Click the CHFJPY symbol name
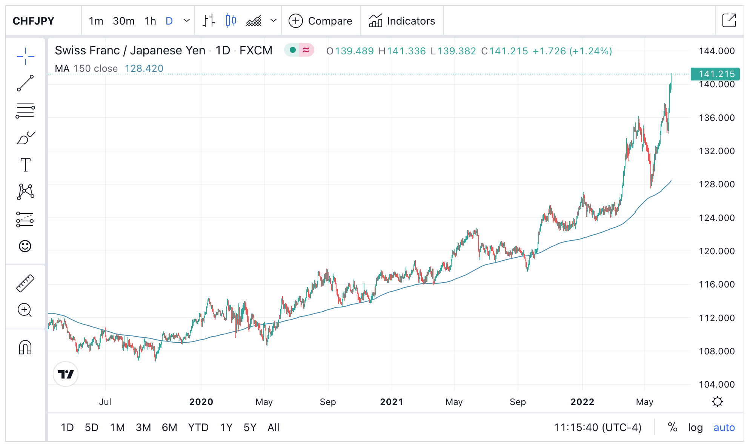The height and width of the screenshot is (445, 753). (x=34, y=21)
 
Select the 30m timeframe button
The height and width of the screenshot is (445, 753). (x=123, y=21)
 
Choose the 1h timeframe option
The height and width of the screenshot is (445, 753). (x=150, y=21)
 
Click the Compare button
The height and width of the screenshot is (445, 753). (x=321, y=21)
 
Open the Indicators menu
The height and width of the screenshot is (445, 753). (x=402, y=21)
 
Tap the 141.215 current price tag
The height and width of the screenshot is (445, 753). (x=715, y=74)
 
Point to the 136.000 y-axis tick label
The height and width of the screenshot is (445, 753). (x=716, y=118)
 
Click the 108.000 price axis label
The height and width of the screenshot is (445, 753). (x=716, y=351)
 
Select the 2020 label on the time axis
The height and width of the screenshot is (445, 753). (x=201, y=402)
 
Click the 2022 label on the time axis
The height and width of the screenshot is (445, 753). (x=582, y=402)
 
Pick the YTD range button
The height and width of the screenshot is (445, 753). (x=198, y=428)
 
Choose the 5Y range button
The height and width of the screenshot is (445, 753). (x=250, y=428)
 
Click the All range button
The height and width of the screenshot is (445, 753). (x=273, y=428)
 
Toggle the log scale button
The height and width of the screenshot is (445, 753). (x=695, y=428)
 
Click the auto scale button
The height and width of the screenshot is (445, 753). (x=724, y=428)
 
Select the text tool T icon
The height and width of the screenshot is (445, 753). (x=25, y=165)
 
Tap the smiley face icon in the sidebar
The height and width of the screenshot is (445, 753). (x=25, y=246)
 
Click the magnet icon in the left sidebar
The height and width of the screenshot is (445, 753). (x=25, y=347)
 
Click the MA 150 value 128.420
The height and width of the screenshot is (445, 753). (x=144, y=68)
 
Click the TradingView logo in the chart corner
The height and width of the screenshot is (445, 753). (x=66, y=374)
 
